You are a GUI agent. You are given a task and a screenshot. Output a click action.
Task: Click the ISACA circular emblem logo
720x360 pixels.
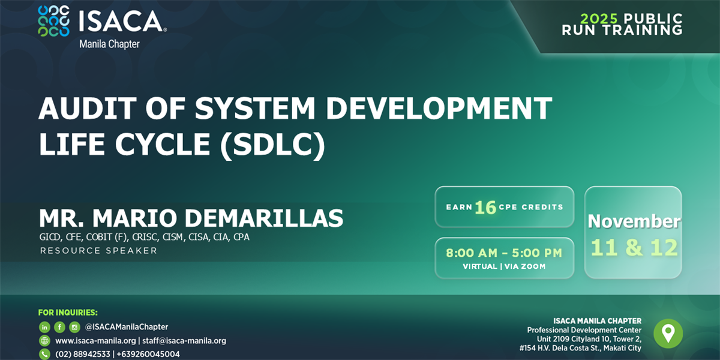(x=53, y=21)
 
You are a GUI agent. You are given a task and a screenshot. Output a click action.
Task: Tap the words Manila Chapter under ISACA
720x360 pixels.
(x=109, y=44)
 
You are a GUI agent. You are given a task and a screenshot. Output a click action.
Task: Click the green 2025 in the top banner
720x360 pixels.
(x=599, y=19)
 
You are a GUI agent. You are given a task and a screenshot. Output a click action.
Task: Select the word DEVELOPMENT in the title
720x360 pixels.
(x=439, y=109)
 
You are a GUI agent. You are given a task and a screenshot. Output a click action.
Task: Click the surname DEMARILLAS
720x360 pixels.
(x=264, y=218)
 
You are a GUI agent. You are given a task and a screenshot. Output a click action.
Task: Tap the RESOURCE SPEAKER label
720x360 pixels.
(x=98, y=251)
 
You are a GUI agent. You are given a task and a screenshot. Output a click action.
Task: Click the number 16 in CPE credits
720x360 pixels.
(x=485, y=208)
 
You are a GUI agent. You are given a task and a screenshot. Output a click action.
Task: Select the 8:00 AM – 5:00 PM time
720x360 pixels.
(x=504, y=253)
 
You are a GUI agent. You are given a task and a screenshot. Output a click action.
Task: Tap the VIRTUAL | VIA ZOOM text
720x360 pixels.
(x=504, y=266)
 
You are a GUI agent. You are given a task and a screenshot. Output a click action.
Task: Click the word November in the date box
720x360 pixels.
(x=634, y=221)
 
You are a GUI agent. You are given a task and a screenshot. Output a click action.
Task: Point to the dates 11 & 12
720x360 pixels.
(x=634, y=247)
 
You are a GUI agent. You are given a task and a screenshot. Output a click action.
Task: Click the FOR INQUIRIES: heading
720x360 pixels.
(x=68, y=313)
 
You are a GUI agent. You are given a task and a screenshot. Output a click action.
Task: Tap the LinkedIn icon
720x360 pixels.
(x=44, y=327)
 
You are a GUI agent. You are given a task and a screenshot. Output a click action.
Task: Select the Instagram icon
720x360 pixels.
(x=74, y=327)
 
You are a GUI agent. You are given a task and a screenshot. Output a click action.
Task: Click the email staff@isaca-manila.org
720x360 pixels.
(x=184, y=341)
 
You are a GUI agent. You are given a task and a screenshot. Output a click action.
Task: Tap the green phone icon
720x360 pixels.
(x=44, y=354)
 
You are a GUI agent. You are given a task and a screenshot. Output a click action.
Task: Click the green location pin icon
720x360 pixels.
(x=668, y=334)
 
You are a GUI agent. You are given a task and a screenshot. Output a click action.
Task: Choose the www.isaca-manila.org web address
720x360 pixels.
(x=95, y=341)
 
